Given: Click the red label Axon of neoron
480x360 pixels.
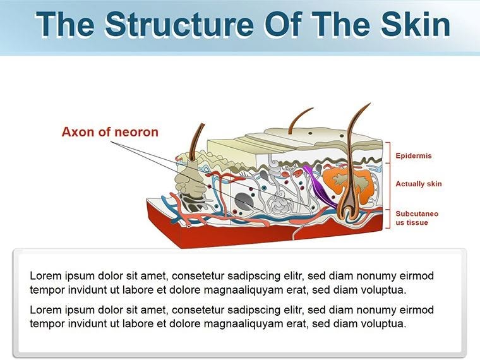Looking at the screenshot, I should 110,132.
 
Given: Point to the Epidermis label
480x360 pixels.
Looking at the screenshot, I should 414,155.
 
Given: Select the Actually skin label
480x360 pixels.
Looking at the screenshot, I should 418,184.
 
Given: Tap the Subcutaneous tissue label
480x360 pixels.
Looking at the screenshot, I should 417,218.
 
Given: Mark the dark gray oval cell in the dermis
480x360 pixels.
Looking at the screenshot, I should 243,201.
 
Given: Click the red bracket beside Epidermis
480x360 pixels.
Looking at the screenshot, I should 388,152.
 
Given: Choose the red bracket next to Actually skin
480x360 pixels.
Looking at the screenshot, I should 388,184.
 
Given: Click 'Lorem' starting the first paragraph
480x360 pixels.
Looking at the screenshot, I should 44,276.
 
